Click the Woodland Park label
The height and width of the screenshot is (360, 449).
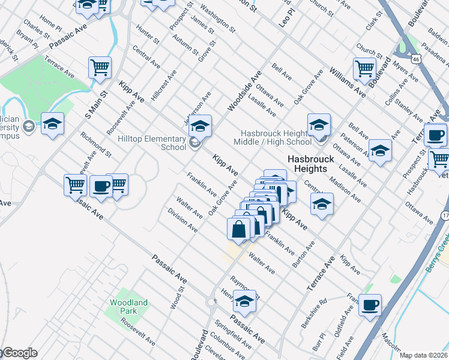point(128,307)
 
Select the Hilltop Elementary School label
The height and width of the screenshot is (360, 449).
point(152,142)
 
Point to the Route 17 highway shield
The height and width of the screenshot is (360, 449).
point(445,215)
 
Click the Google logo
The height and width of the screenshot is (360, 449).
point(19,353)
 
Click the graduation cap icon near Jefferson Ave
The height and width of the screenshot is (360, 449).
point(201,125)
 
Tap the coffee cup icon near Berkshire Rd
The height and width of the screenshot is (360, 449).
point(370,305)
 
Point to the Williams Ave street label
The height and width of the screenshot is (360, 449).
point(347,82)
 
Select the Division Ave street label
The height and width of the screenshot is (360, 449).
point(182,220)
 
